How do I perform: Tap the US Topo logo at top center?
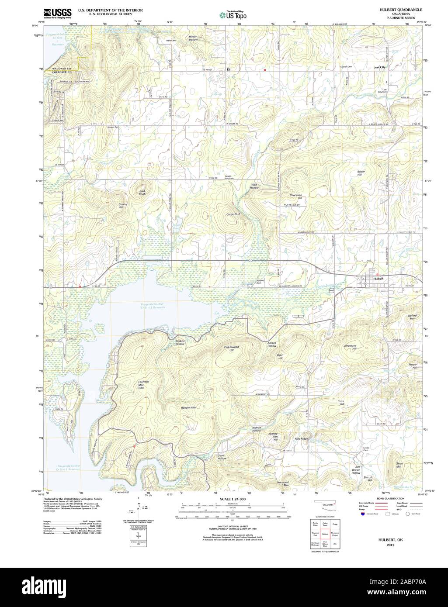point(233,15)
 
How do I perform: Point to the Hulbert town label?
point(378,278)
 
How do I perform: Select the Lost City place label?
point(379,68)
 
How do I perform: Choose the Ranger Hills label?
point(188,407)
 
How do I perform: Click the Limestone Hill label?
point(350,347)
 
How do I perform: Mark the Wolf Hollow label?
point(254,186)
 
